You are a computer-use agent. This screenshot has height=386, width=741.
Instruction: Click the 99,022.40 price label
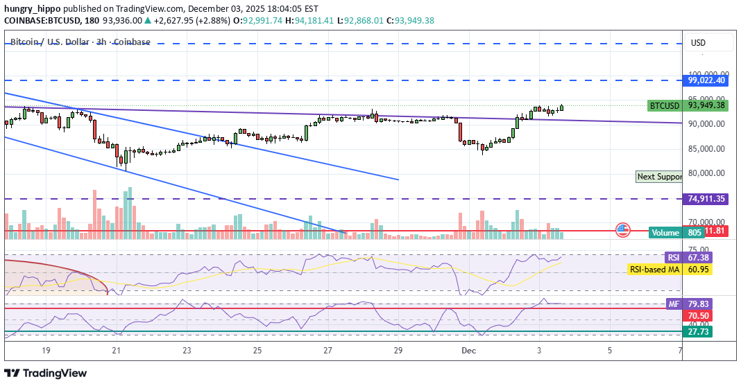pos(706,80)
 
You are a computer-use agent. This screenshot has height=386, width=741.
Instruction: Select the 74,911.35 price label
pos(706,199)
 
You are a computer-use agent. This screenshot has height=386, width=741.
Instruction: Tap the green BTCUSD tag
pos(664,106)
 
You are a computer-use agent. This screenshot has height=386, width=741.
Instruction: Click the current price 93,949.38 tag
pos(706,106)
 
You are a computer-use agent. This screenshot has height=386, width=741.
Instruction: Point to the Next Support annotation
pos(659,177)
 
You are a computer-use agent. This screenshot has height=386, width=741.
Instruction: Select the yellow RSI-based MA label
pos(654,270)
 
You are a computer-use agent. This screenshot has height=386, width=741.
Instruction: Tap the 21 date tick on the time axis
pos(116,351)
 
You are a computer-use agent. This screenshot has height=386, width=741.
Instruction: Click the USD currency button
pos(698,43)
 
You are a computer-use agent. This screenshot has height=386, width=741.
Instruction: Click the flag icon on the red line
pos(622,231)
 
